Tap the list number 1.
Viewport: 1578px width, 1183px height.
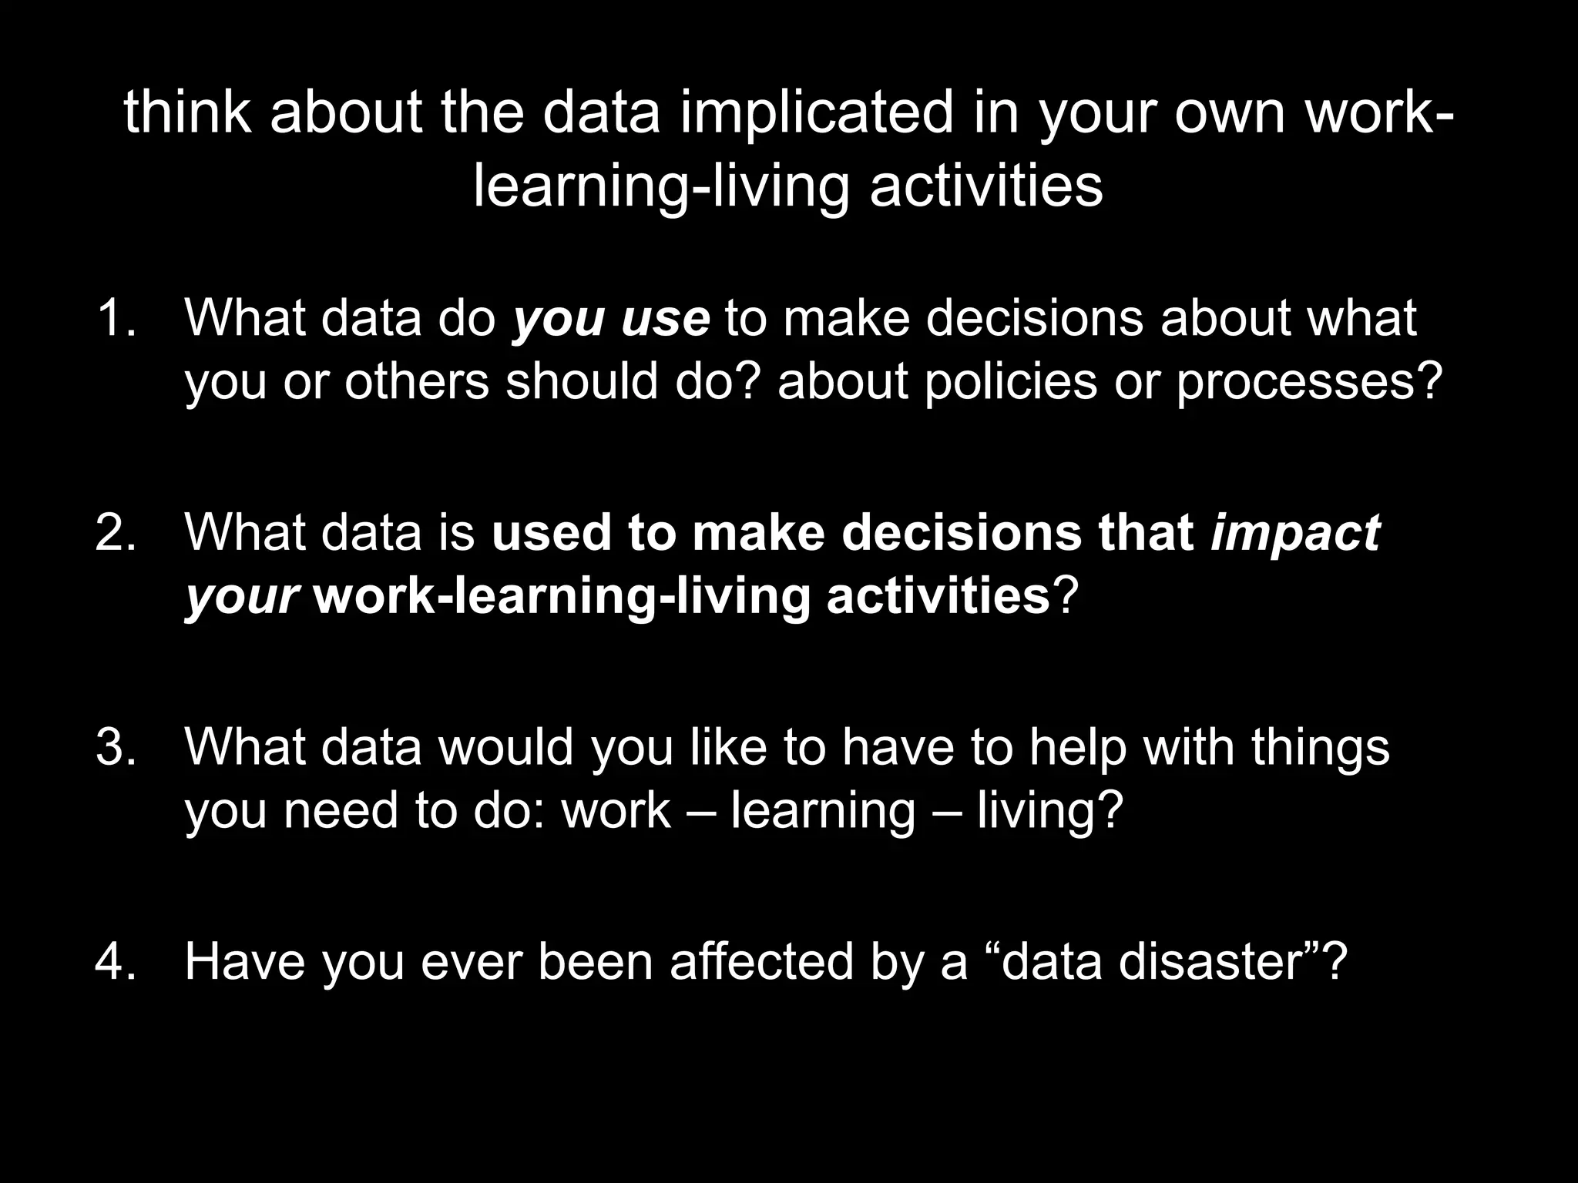[x=116, y=317]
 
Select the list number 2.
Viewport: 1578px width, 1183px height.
[x=116, y=531]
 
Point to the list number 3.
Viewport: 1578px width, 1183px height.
[x=116, y=746]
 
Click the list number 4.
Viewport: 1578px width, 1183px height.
[x=116, y=961]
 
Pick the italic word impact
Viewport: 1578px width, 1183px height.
[x=1295, y=533]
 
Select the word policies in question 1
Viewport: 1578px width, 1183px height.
[x=1010, y=381]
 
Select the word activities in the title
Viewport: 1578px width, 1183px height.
[x=985, y=186]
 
